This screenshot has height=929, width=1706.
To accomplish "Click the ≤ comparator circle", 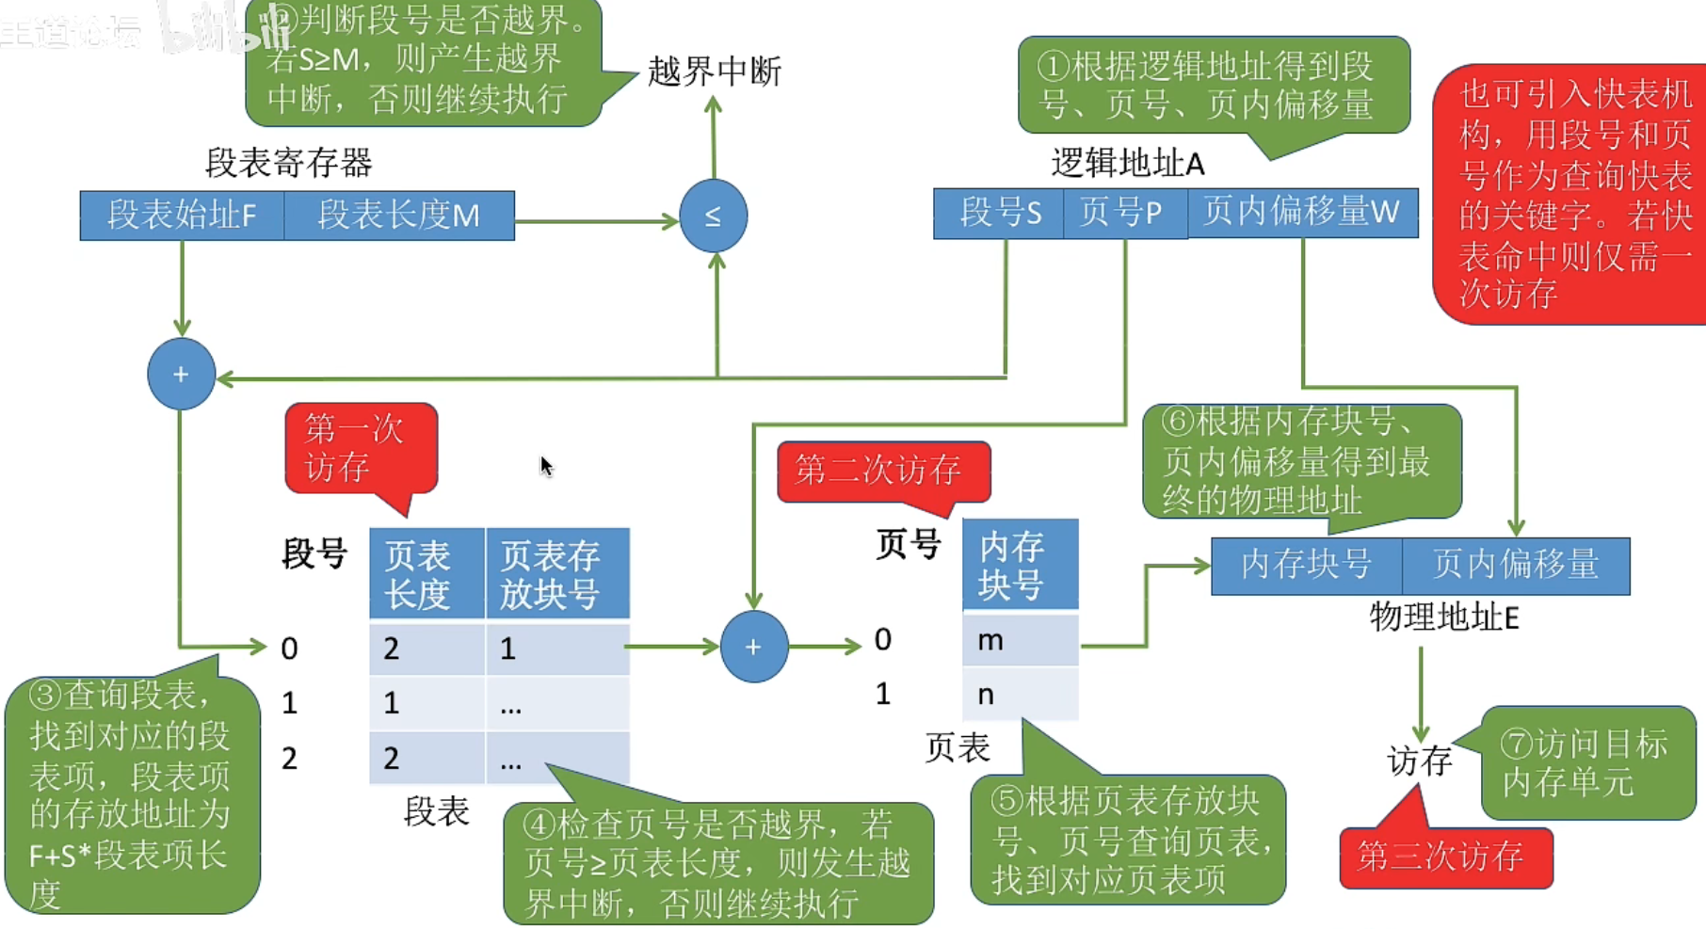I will [713, 216].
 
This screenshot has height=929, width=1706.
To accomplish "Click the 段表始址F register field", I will [182, 216].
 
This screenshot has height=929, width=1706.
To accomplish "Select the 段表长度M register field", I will [399, 216].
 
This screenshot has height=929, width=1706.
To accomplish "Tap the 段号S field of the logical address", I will [999, 213].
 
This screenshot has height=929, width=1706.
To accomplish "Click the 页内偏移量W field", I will [1302, 213].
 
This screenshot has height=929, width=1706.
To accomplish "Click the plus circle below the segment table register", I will [181, 374].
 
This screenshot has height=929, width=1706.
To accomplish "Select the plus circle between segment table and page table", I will [753, 647].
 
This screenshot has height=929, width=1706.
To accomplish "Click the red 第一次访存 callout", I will [361, 448].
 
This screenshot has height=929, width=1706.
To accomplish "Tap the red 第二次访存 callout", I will [882, 470].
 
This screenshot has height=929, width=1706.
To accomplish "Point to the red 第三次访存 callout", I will [1444, 857].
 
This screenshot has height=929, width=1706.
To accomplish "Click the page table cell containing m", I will [1020, 641].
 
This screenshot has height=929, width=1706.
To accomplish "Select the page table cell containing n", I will [1020, 695].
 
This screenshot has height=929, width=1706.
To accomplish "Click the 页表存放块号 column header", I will [556, 574].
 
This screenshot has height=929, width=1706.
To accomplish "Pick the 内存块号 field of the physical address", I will [1306, 565].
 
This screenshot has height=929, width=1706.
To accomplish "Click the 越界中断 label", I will [715, 72].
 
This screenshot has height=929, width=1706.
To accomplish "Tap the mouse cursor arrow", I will [546, 466].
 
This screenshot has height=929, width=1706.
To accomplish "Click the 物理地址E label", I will [1443, 617].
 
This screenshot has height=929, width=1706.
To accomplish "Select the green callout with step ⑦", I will [1587, 763].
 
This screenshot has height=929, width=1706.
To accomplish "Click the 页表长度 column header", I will [426, 574].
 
